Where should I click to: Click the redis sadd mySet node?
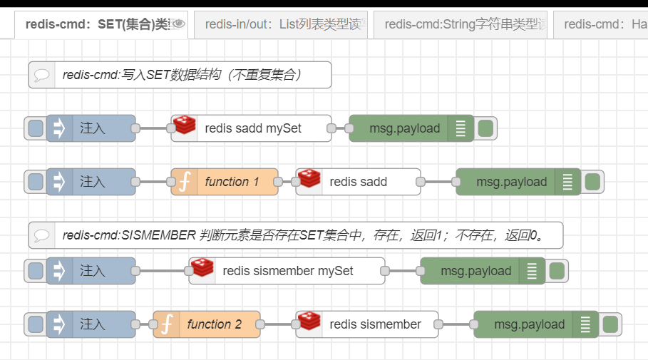coord(252,128)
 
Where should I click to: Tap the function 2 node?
coord(214,324)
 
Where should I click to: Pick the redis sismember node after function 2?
coord(375,324)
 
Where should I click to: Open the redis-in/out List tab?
coord(281,24)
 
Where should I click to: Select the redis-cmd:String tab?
coord(461,24)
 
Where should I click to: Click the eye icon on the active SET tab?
coord(178,24)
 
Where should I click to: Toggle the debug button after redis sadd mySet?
coord(485,128)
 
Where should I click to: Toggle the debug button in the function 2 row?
coord(610,324)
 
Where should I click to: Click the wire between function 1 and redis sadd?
coord(287,182)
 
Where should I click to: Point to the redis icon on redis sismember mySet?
coord(202,269)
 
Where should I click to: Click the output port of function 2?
coord(260,324)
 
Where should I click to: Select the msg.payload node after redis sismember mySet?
coord(475,271)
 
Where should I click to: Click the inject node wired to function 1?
coord(91,182)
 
